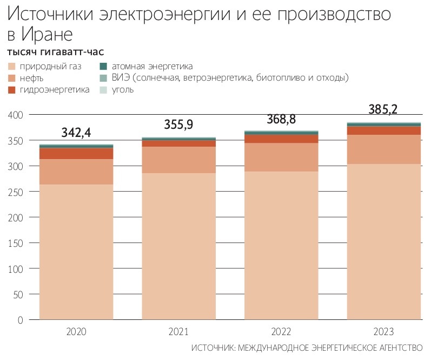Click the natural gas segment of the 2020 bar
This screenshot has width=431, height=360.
(76, 252)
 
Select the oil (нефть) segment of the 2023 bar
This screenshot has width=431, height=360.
(384, 149)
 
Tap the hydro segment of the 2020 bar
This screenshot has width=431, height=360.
(76, 153)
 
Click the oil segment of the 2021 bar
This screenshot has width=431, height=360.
(178, 160)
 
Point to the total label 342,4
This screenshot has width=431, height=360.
(76, 133)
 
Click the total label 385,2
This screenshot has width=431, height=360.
(383, 109)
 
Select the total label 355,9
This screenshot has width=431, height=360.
(178, 125)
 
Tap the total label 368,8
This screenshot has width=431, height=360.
(281, 119)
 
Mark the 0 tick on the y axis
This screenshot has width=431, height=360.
(20, 320)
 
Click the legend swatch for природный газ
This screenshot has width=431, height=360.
(11, 67)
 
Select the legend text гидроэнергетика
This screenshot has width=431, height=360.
(55, 89)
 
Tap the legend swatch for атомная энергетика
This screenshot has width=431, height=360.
(103, 67)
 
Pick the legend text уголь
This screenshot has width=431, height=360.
(123, 89)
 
